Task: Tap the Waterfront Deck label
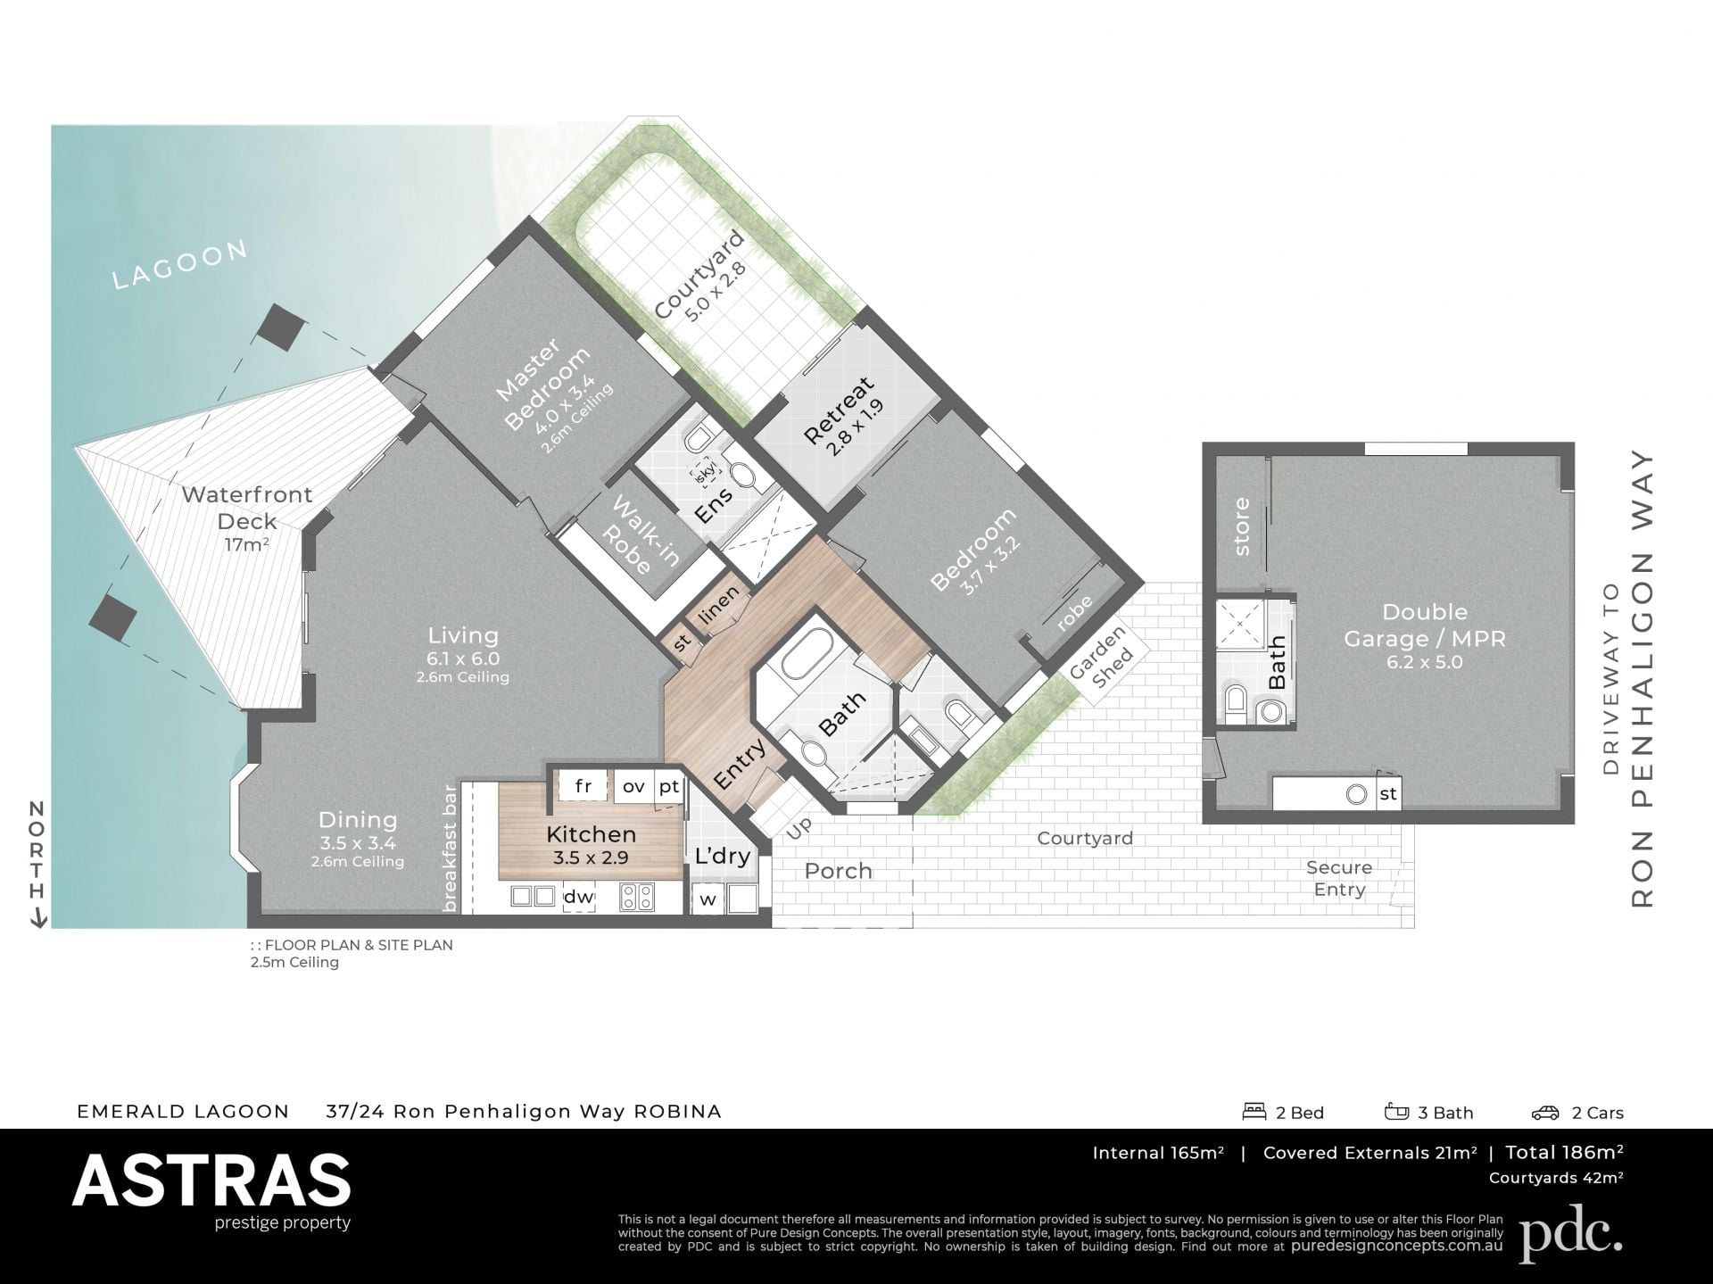247,508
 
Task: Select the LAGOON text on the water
180,264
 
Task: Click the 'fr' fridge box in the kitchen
583,786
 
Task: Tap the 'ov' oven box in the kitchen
633,786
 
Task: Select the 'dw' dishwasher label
579,896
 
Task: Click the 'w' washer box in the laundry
708,899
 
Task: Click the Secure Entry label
1339,878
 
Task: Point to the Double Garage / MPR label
1425,625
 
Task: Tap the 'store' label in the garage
1242,526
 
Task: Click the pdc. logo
1571,1233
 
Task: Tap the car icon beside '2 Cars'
1545,1112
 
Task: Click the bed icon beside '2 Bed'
1254,1112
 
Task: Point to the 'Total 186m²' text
1565,1152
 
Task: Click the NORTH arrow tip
38,927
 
